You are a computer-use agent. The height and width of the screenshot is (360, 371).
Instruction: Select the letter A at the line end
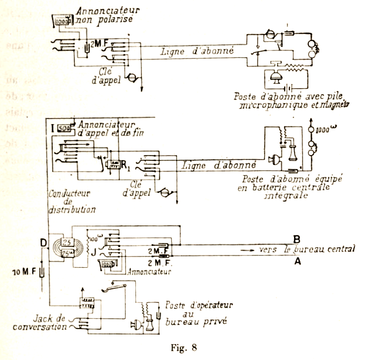click(x=297, y=261)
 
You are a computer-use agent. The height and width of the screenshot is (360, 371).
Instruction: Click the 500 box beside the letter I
click(x=63, y=128)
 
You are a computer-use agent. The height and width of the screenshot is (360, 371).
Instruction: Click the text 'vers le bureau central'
click(x=307, y=249)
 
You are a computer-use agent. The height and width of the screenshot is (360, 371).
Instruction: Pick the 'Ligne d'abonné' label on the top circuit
click(x=198, y=51)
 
